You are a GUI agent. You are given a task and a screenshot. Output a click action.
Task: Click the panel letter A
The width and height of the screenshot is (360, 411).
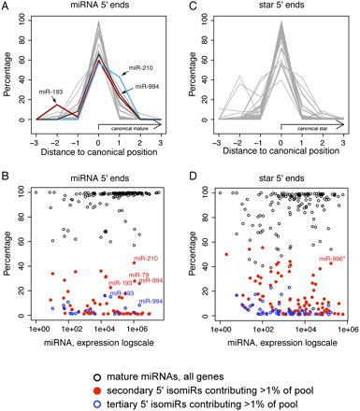7,7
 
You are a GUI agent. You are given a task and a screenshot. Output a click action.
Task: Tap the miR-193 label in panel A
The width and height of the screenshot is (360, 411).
53,92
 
